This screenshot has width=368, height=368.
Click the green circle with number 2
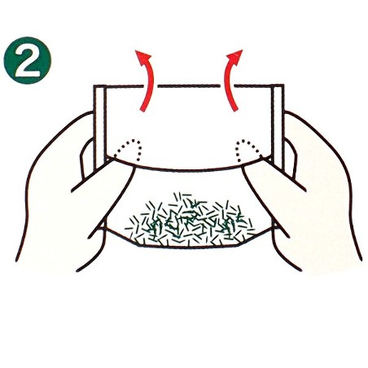click(28, 60)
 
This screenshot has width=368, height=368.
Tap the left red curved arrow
click(148, 79)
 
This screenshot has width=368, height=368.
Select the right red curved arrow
click(229, 79)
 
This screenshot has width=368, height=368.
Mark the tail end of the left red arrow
click(142, 109)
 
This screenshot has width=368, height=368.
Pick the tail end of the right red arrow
click(235, 109)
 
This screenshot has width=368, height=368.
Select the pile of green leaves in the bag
click(190, 219)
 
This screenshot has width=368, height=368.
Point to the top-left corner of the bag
click(94, 86)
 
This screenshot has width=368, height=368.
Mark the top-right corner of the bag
click(283, 85)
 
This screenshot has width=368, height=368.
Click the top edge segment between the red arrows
click(189, 86)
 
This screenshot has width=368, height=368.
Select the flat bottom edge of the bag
click(187, 247)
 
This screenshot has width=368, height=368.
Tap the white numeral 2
click(28, 60)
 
